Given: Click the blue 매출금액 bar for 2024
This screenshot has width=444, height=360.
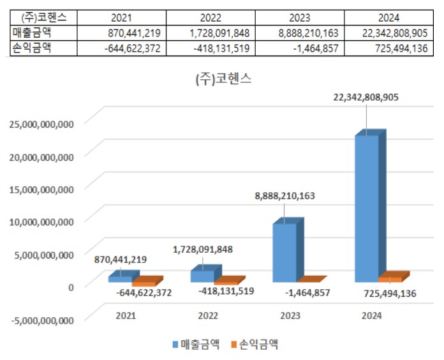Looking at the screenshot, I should click(x=366, y=207).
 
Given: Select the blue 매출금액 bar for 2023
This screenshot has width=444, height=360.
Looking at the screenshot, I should click(x=285, y=252).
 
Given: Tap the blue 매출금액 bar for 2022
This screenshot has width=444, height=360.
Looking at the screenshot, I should click(x=202, y=276).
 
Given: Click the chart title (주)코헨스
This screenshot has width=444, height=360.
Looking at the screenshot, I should click(x=223, y=80).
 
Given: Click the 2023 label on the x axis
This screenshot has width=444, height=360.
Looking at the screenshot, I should click(x=290, y=315).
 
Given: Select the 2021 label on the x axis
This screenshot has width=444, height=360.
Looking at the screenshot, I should click(x=126, y=315).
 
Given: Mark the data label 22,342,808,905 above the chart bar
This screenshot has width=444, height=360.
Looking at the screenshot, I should click(x=367, y=97).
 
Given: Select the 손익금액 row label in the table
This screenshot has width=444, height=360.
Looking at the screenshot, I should click(x=32, y=49).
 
